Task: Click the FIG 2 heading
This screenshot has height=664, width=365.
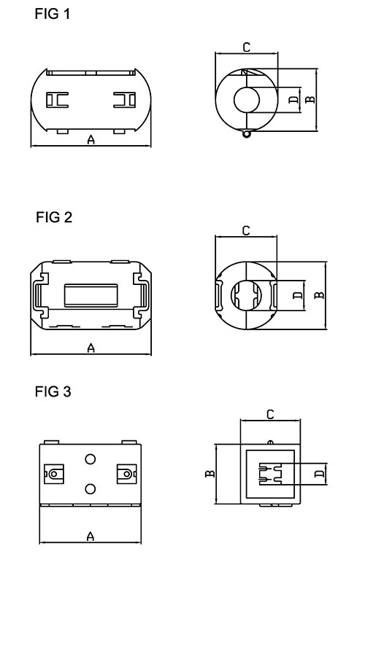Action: [53, 217]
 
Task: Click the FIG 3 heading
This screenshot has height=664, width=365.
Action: [53, 392]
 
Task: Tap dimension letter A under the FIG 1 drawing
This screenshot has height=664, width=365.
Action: [91, 140]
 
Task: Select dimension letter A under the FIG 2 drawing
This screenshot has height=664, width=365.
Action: [91, 348]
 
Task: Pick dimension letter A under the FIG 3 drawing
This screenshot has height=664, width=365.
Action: [91, 536]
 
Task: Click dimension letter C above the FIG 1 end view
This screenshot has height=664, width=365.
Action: [246, 47]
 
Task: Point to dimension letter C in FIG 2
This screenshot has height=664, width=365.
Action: [246, 230]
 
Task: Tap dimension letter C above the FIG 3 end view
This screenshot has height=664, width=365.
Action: [270, 414]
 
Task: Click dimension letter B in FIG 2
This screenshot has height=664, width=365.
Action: [319, 295]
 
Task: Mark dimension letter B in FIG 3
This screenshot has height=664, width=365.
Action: [210, 474]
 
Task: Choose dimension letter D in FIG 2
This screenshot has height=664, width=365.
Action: [296, 295]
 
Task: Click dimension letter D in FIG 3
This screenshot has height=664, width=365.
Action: [318, 474]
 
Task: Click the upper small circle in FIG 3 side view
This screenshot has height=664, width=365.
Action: [91, 459]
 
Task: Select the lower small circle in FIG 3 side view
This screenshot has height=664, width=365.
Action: [91, 489]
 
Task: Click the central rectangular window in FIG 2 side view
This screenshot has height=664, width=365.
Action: [91, 295]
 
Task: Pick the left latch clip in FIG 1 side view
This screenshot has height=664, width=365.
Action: [55, 100]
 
